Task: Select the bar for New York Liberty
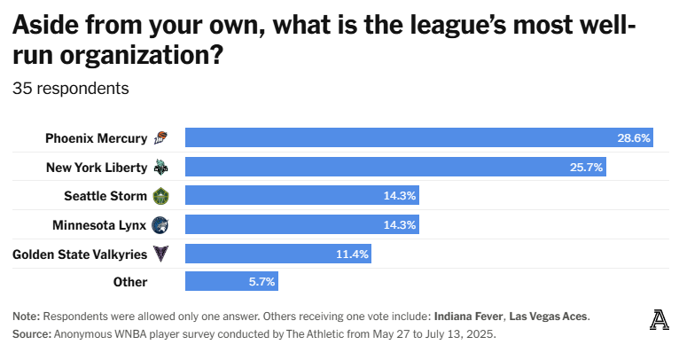pos(395,167)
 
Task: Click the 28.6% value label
pos(634,138)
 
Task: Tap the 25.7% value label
pos(587,167)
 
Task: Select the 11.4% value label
pos(352,254)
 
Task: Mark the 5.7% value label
pos(261,282)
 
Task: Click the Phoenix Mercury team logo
pos(160,137)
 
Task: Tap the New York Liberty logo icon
pos(160,167)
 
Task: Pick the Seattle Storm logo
pos(160,195)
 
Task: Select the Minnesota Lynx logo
pos(160,224)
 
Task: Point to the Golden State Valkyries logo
pos(160,254)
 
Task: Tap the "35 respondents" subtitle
pos(71,89)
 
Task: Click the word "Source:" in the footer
pos(32,334)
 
